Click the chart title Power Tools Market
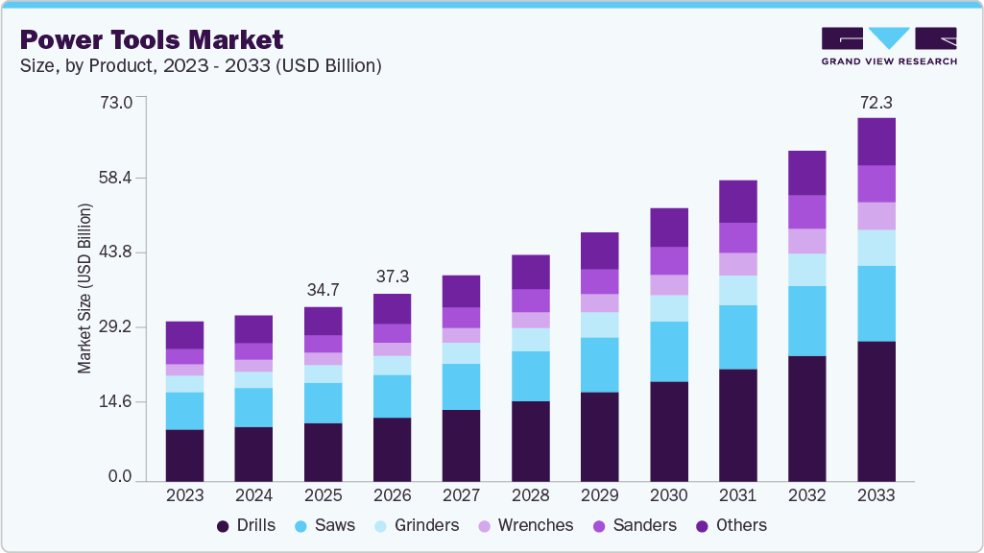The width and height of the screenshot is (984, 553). point(152,39)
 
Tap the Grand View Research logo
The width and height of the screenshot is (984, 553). point(888,45)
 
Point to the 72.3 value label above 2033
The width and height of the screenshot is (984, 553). point(876,102)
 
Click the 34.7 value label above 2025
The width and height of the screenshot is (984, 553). point(323,289)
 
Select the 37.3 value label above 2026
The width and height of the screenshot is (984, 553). point(392,276)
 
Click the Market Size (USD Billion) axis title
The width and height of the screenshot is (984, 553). point(84,289)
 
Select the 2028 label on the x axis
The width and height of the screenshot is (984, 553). point(530,495)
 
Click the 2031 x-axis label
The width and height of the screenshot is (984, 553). point(737,495)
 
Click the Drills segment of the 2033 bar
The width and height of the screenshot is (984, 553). point(876,411)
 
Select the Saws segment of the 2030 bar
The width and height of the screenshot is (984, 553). point(668,351)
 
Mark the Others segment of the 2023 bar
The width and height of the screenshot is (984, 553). point(184,335)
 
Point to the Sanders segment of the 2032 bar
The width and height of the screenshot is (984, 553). point(806,211)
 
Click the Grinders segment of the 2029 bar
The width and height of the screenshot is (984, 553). point(599,325)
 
